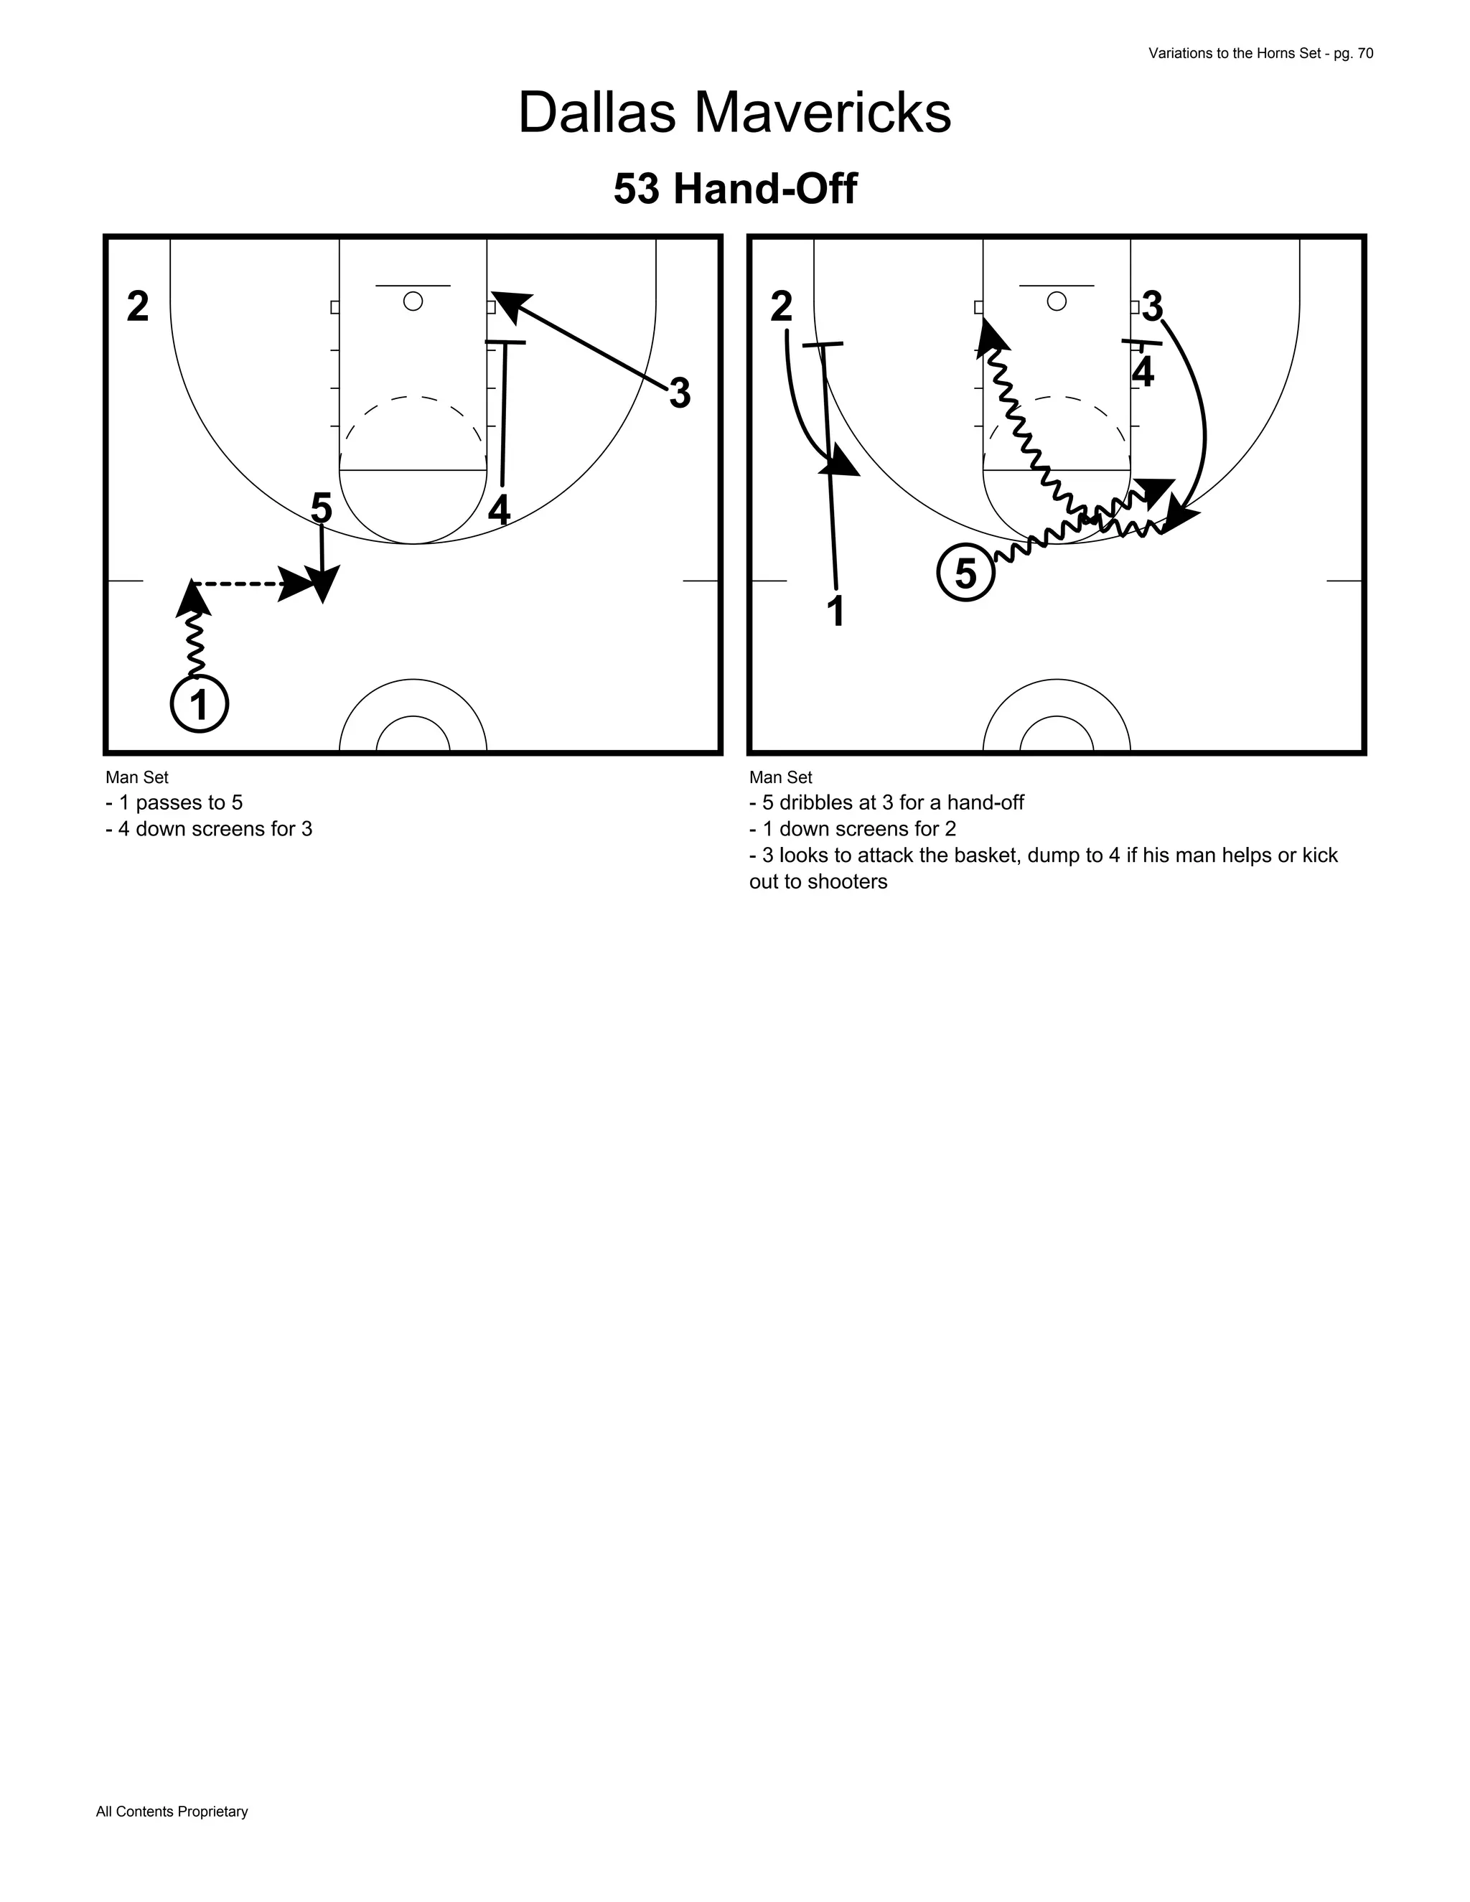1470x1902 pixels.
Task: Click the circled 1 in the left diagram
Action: pos(200,705)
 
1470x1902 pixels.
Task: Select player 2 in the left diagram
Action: pos(138,306)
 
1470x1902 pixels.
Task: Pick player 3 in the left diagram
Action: pos(679,393)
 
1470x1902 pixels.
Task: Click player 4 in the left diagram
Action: pos(499,510)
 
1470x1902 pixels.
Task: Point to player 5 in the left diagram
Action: pos(322,507)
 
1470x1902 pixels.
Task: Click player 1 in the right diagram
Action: pos(836,612)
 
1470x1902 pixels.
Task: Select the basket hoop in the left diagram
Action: pos(413,301)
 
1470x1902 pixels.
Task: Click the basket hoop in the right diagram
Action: pos(1057,301)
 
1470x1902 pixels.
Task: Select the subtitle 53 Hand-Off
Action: pos(735,189)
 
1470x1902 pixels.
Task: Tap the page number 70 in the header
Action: pos(1364,53)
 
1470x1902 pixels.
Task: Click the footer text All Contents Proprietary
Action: pos(172,1812)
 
